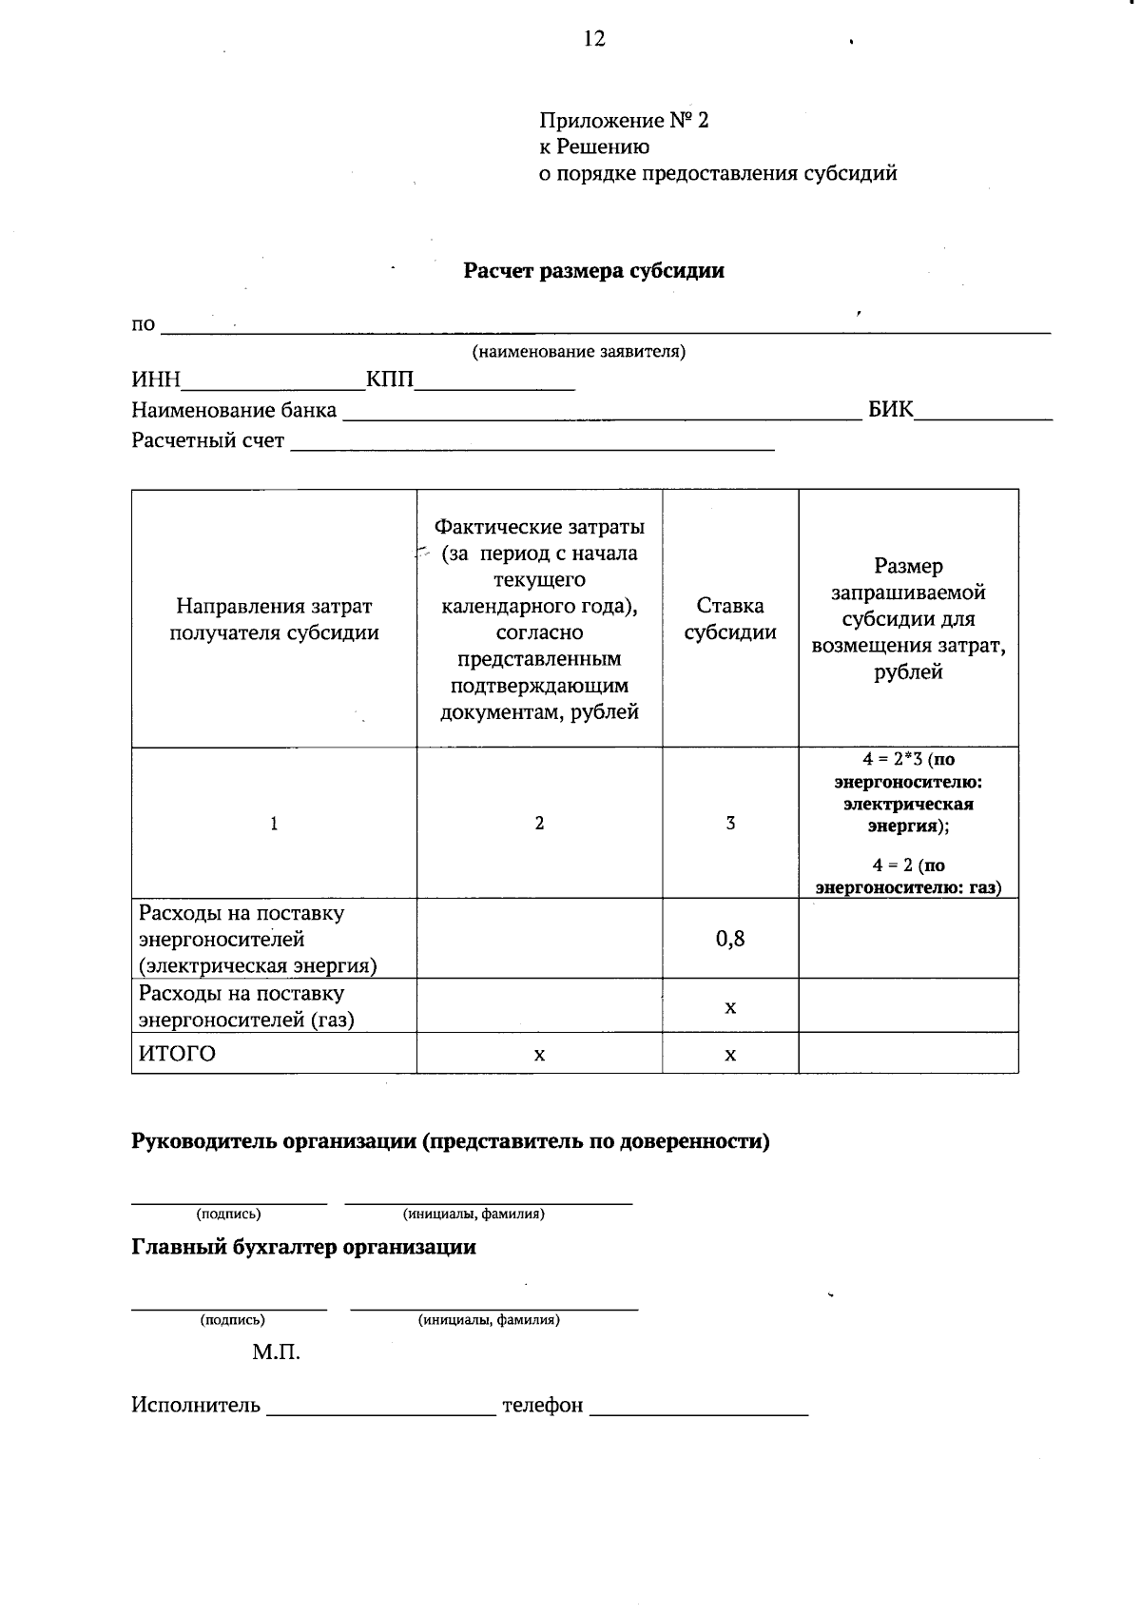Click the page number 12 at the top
click(x=593, y=39)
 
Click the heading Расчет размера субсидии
click(x=593, y=271)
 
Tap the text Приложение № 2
click(x=624, y=121)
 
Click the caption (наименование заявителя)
click(x=579, y=352)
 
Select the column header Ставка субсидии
click(x=730, y=619)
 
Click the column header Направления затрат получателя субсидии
click(x=274, y=619)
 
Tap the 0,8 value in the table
click(x=730, y=940)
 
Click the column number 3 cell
click(x=730, y=824)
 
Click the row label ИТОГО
click(x=178, y=1054)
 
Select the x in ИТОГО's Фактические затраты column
click(x=539, y=1055)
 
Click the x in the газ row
click(x=730, y=1007)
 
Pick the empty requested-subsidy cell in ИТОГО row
click(x=908, y=1054)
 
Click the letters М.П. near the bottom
click(x=276, y=1352)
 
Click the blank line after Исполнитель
click(x=381, y=1408)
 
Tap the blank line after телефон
click(x=699, y=1408)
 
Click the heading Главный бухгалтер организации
click(x=303, y=1247)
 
